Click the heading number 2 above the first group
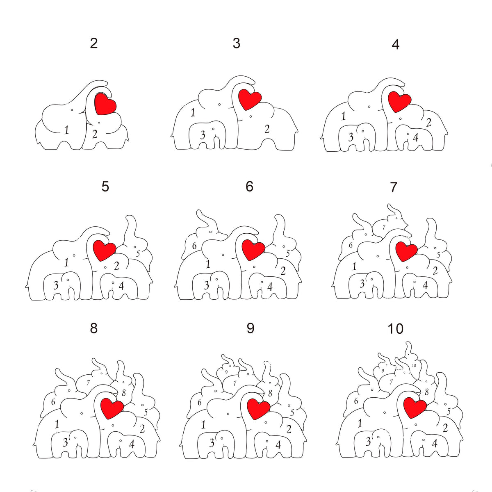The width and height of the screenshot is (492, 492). coord(94,43)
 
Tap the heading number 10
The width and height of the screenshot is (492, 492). coord(395,329)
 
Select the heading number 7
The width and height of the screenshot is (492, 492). coord(394,187)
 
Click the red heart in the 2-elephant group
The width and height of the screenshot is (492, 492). coord(105,104)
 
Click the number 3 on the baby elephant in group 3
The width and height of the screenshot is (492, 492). coord(203,135)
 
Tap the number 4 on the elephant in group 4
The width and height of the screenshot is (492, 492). coord(416,138)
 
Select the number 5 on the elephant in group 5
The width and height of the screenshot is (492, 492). coord(138,253)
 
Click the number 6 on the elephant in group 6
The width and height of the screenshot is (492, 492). coord(194,246)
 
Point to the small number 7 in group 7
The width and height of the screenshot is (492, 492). coord(384,227)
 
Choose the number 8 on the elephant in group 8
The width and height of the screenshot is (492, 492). coord(123,393)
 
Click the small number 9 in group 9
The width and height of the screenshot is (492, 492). coord(226,372)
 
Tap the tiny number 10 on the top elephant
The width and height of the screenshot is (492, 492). coord(414,365)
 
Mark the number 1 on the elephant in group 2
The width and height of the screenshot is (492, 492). coord(66,130)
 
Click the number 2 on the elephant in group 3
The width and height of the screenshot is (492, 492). coord(267,129)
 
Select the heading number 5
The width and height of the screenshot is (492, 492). coord(105,187)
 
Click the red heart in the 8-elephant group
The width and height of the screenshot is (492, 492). coord(112,408)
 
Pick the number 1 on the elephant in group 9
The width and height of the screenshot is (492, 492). coord(203,425)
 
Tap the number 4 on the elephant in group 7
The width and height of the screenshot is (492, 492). coord(425,285)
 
